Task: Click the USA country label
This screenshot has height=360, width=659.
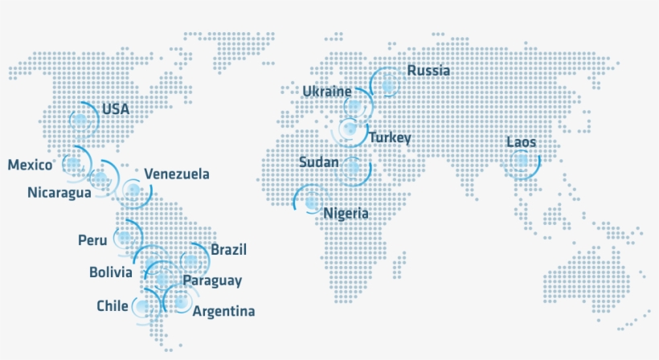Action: pos(116,108)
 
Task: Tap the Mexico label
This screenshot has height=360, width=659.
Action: pos(31,165)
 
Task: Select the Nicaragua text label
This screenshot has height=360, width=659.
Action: pos(59,192)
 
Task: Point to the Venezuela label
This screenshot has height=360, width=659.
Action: pos(177,174)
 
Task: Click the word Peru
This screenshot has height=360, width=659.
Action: pos(92,240)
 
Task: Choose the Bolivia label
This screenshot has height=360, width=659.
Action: pos(111,272)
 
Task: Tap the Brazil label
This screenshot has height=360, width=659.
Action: pos(228,250)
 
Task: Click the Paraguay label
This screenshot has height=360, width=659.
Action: pos(212,280)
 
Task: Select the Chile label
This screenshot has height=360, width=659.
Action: pos(112,306)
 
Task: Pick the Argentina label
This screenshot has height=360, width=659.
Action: pos(225,311)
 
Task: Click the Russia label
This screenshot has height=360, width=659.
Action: pos(428,71)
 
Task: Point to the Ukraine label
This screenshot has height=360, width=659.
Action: pos(327,92)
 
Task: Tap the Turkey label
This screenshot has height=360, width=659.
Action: pos(390,138)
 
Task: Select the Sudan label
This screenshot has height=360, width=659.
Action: pos(318,162)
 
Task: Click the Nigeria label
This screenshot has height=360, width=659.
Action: pos(346,214)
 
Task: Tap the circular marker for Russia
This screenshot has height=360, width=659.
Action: pos(388,84)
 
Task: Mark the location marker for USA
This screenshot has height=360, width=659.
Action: pos(80,121)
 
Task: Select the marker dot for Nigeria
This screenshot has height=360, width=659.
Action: pos(311,202)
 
